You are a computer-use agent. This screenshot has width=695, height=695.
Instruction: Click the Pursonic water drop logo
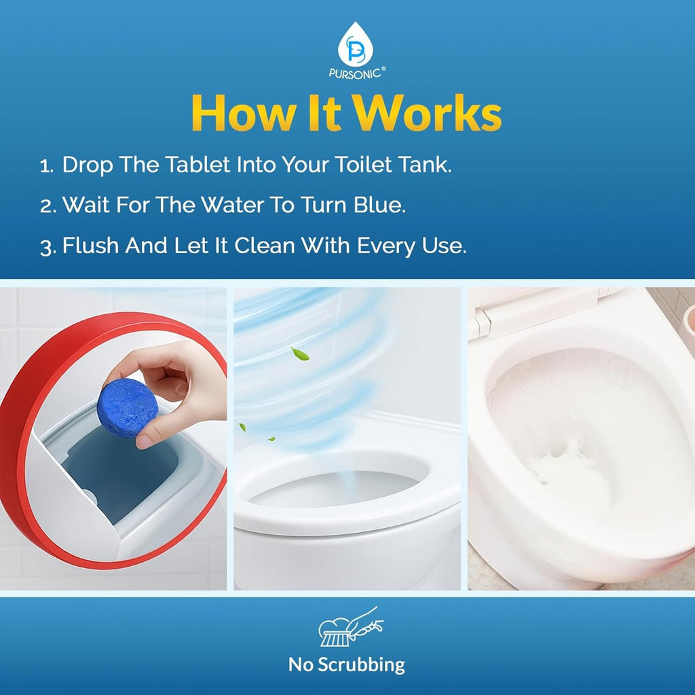[353, 43]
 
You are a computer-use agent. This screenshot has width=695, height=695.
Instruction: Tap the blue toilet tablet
[127, 408]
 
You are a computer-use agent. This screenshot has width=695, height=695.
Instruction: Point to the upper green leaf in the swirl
[299, 353]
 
